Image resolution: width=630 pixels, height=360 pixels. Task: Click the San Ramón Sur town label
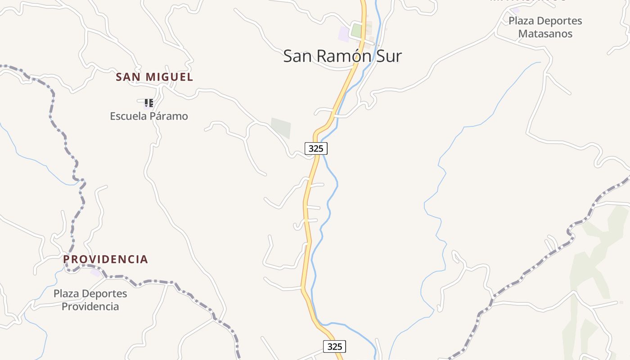tap(342, 56)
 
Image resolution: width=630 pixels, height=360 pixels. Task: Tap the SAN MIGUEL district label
tap(154, 77)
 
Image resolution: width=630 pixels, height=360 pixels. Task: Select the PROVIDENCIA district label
tap(105, 259)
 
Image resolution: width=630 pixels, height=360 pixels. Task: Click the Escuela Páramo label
tap(149, 116)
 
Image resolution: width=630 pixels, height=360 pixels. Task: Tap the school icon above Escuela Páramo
tap(149, 103)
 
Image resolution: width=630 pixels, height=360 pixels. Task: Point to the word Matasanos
tap(545, 34)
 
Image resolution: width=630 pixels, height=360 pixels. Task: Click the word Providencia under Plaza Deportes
tap(90, 306)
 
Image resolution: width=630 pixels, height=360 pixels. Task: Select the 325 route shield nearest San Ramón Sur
tap(316, 148)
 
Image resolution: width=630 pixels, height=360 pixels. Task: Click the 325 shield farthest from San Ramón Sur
tap(334, 346)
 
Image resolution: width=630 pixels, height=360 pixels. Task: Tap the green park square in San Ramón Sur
tap(356, 31)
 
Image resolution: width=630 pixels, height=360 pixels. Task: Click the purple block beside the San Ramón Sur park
tap(344, 34)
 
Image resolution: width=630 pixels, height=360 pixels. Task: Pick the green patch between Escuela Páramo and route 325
tap(281, 128)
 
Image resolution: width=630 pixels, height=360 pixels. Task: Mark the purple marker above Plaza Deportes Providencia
tap(95, 273)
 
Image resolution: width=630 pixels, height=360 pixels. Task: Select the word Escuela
tap(128, 116)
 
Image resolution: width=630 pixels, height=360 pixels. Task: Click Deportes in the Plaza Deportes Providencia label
tap(103, 294)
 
